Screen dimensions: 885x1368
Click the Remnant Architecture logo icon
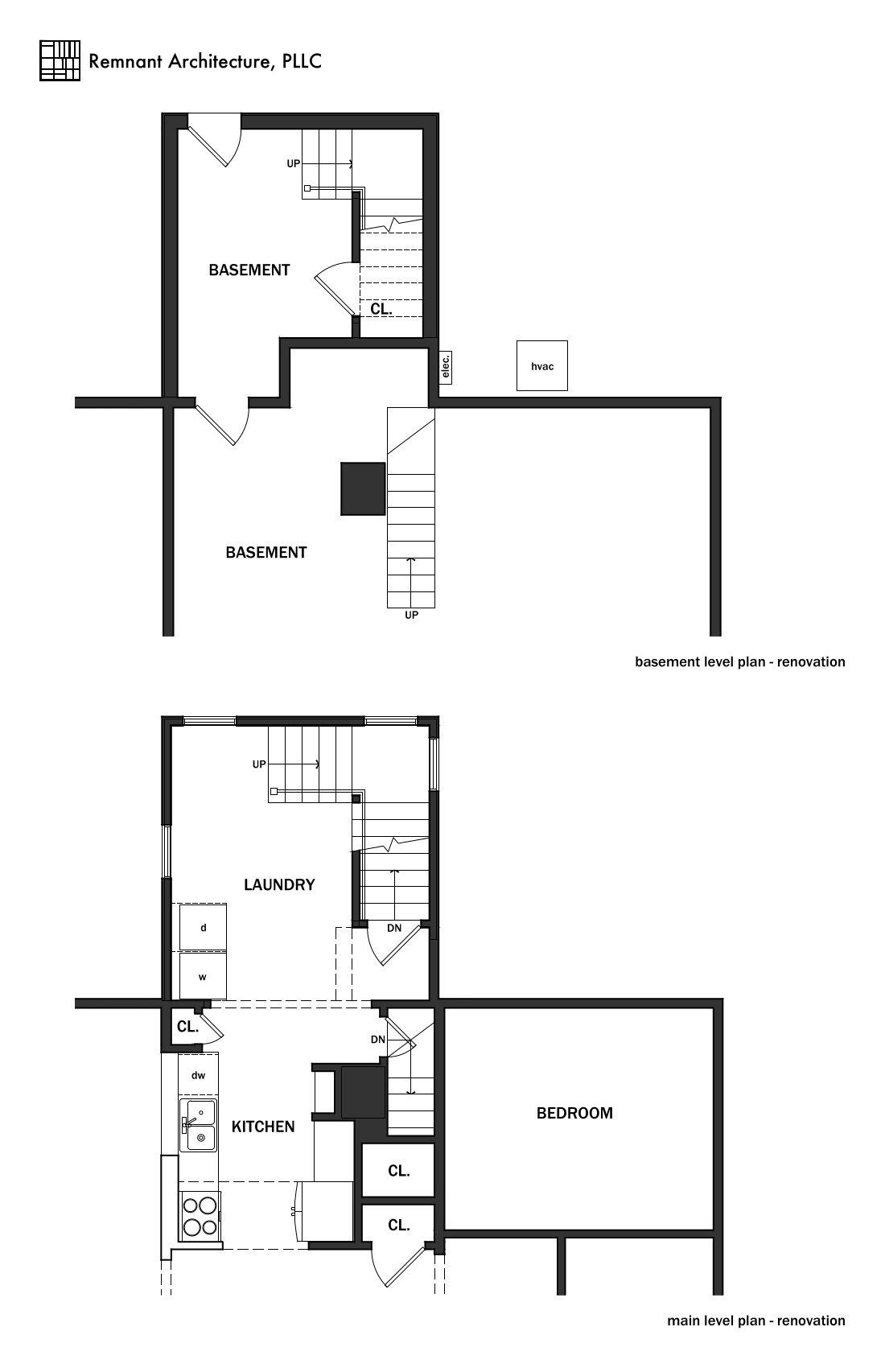[60, 60]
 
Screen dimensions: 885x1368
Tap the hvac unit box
[541, 366]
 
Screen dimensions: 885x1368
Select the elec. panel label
[446, 367]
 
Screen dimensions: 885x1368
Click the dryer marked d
[203, 928]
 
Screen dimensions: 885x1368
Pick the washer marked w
[203, 977]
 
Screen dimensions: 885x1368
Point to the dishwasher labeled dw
[198, 1075]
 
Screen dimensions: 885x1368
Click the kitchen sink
[197, 1126]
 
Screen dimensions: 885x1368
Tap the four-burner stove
[200, 1217]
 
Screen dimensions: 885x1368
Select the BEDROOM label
[574, 1114]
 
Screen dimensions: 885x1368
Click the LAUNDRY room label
[279, 885]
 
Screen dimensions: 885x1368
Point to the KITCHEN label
[262, 1127]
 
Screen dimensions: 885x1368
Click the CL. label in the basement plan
[381, 309]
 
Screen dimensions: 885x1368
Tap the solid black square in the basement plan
[363, 488]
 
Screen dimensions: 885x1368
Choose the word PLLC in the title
[302, 61]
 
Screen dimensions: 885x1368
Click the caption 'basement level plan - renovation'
[739, 662]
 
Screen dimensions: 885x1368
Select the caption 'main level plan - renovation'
[756, 1321]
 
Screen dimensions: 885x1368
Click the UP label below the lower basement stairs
[411, 615]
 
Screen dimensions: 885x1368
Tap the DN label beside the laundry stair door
[394, 929]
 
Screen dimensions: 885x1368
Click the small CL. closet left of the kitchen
[187, 1027]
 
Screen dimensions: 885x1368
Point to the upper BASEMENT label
[249, 270]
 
